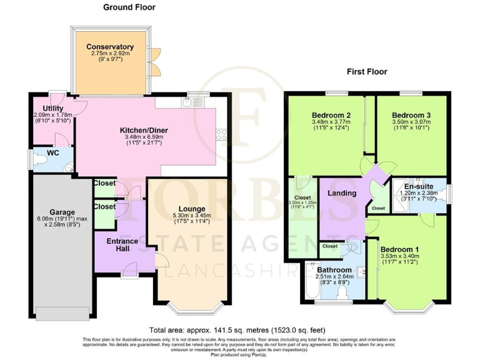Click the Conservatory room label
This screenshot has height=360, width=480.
click(x=110, y=47)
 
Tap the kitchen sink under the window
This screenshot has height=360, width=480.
click(x=199, y=101)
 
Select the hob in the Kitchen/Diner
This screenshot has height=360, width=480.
click(x=221, y=132)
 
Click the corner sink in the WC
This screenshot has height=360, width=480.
click(x=69, y=167)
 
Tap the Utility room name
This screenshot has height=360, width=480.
click(x=44, y=108)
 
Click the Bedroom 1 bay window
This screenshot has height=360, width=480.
click(x=407, y=306)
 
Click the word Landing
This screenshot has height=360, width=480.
click(x=342, y=193)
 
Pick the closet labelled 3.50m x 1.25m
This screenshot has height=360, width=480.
click(x=303, y=219)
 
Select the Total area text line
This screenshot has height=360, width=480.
click(x=237, y=330)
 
